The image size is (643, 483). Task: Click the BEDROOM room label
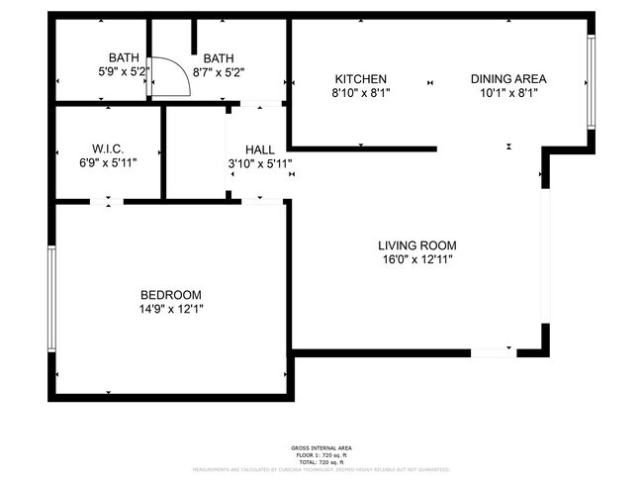[171, 295]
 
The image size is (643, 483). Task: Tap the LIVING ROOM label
[416, 245]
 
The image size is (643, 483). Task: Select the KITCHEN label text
[360, 79]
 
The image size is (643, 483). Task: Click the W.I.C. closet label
[108, 148]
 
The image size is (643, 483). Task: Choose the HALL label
[260, 149]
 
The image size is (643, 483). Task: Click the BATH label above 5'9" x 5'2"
[124, 58]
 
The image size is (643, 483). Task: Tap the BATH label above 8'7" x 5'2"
[220, 58]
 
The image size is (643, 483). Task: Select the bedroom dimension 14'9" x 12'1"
[171, 309]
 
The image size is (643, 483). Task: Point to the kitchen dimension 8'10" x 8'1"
[360, 93]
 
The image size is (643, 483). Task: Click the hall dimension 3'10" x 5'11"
[260, 163]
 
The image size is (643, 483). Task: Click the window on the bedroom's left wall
[51, 297]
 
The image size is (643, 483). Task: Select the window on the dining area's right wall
[591, 81]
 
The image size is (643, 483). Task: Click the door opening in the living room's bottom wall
[492, 351]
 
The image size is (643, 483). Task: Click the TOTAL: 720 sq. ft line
[321, 461]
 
